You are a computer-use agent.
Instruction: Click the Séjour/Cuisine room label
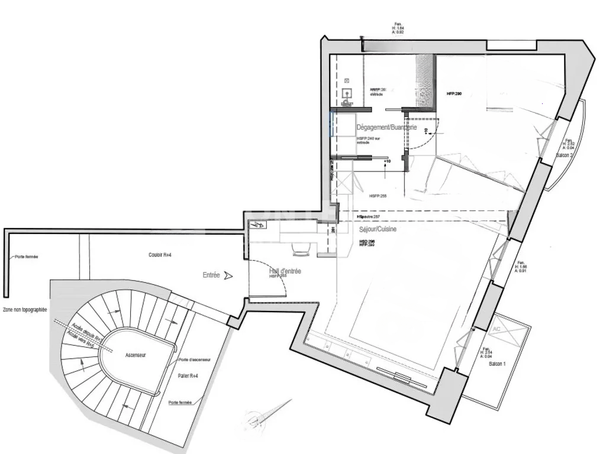(378, 229)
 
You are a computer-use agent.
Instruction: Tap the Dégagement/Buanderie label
(386, 128)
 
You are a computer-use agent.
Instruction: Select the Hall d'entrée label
(285, 271)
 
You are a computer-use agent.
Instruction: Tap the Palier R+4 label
(188, 375)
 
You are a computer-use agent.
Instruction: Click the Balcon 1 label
(497, 364)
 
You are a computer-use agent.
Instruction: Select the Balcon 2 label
(564, 155)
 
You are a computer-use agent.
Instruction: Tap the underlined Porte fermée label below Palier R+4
(180, 403)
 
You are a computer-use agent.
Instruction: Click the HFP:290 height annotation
(453, 94)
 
